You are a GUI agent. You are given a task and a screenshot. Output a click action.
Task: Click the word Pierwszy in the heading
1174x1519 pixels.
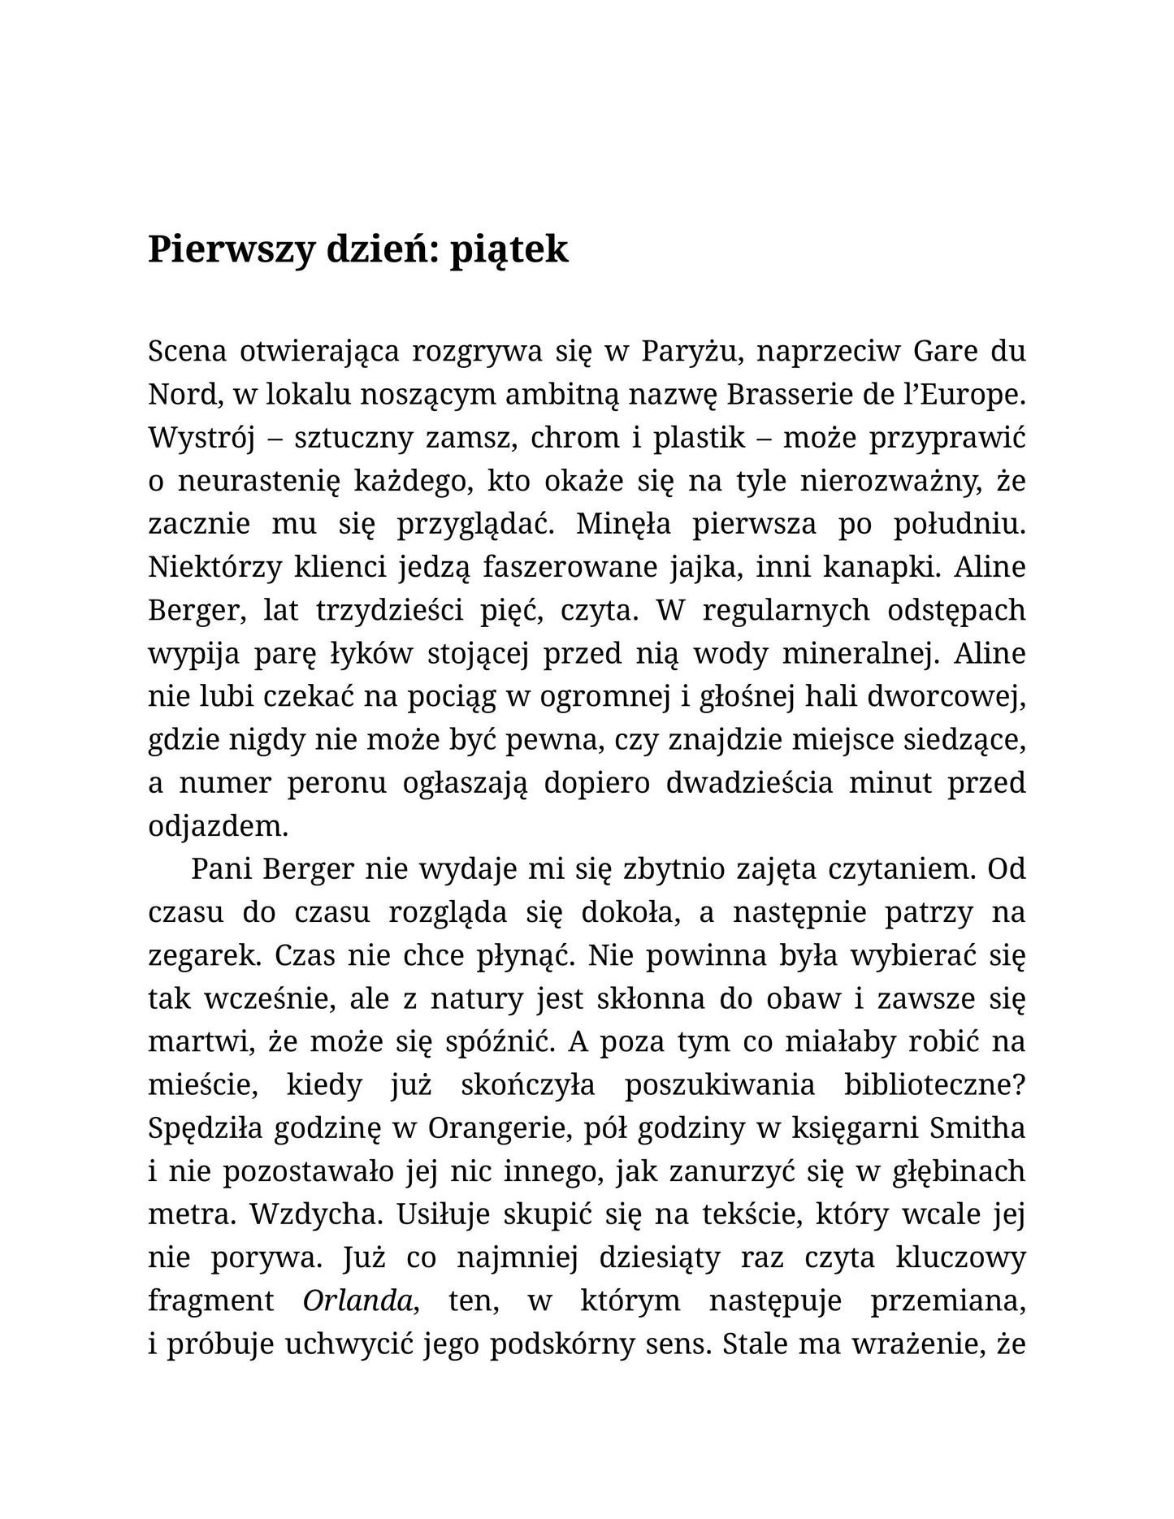pyautogui.click(x=231, y=250)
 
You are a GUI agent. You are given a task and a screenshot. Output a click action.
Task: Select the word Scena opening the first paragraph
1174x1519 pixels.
pyautogui.click(x=187, y=352)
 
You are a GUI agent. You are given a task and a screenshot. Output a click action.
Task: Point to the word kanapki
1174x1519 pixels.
pyautogui.click(x=882, y=567)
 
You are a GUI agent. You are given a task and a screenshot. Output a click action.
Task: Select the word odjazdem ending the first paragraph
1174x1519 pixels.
pyautogui.click(x=218, y=826)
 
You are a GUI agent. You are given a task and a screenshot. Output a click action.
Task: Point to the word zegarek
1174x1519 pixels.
pyautogui.click(x=204, y=955)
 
